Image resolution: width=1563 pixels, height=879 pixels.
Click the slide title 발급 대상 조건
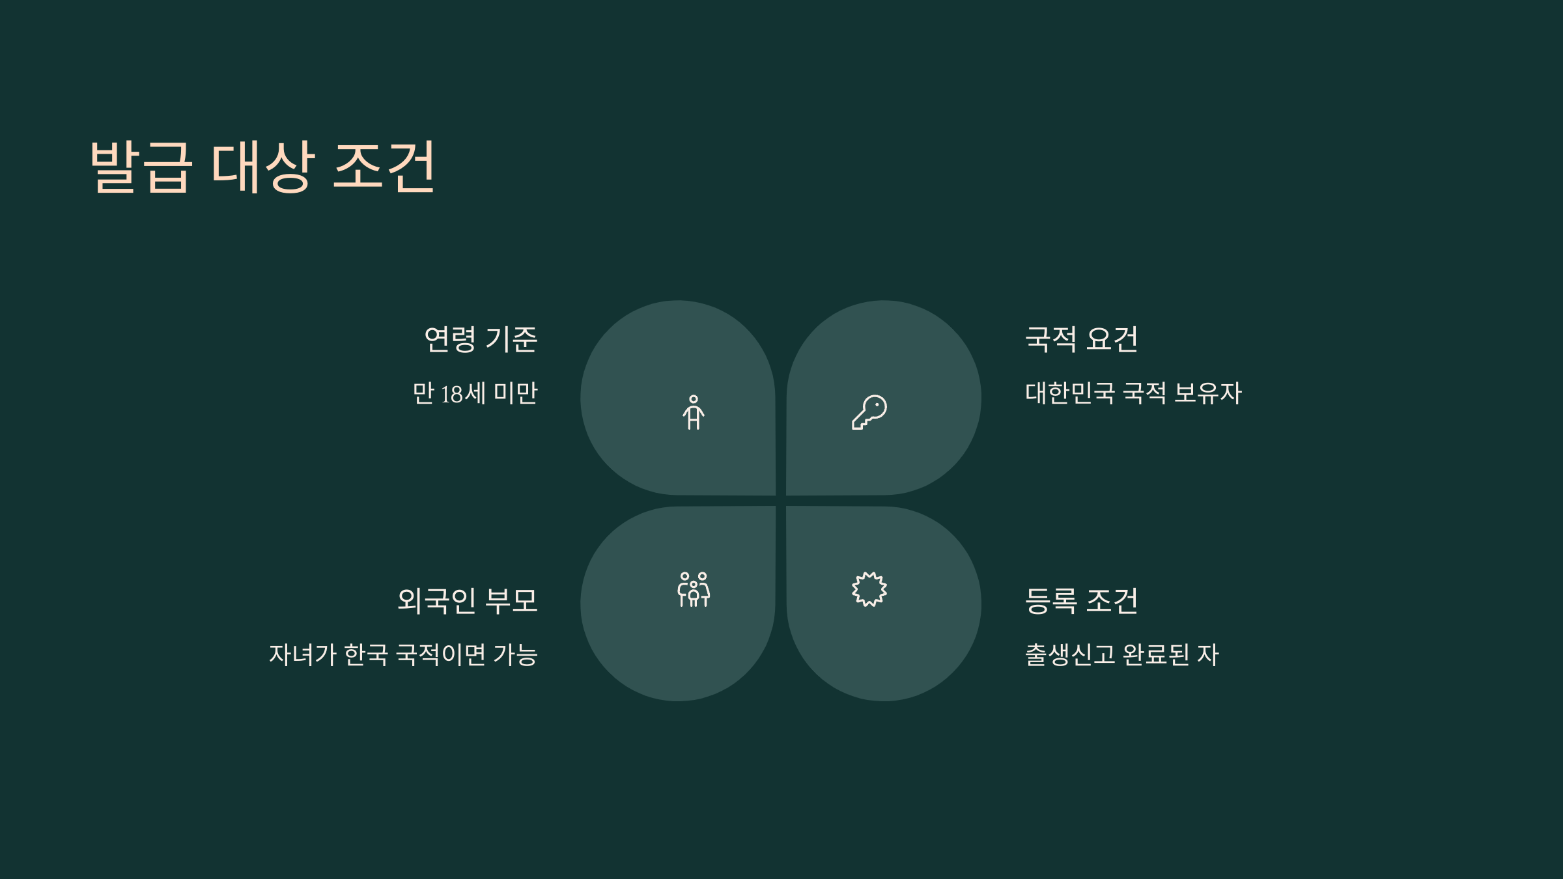click(x=262, y=167)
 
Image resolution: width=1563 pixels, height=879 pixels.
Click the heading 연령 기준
click(x=481, y=339)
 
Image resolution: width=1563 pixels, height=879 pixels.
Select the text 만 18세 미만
click(x=475, y=393)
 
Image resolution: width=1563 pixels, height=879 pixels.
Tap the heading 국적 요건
click(x=1081, y=339)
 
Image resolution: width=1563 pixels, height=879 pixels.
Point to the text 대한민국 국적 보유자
click(x=1133, y=393)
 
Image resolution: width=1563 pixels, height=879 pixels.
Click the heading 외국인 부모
click(x=468, y=600)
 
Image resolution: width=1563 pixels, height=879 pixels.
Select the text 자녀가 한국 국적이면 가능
click(x=403, y=654)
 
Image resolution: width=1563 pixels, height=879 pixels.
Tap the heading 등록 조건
click(x=1081, y=600)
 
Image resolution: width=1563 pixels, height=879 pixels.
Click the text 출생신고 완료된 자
click(x=1121, y=654)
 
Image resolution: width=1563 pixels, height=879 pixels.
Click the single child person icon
click(x=694, y=412)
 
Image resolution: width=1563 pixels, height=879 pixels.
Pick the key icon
click(x=869, y=412)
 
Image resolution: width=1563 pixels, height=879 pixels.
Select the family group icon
click(x=694, y=590)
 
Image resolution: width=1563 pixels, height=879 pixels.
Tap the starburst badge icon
click(x=869, y=590)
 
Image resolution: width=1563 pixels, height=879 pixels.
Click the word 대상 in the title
click(x=263, y=167)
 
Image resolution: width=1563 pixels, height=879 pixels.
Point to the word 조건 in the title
click(x=384, y=167)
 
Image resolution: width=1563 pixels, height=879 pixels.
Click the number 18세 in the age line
click(x=463, y=394)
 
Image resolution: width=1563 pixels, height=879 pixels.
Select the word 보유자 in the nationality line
click(x=1208, y=393)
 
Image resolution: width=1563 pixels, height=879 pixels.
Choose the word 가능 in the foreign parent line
click(x=515, y=654)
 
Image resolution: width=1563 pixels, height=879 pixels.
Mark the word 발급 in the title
click(x=141, y=167)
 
